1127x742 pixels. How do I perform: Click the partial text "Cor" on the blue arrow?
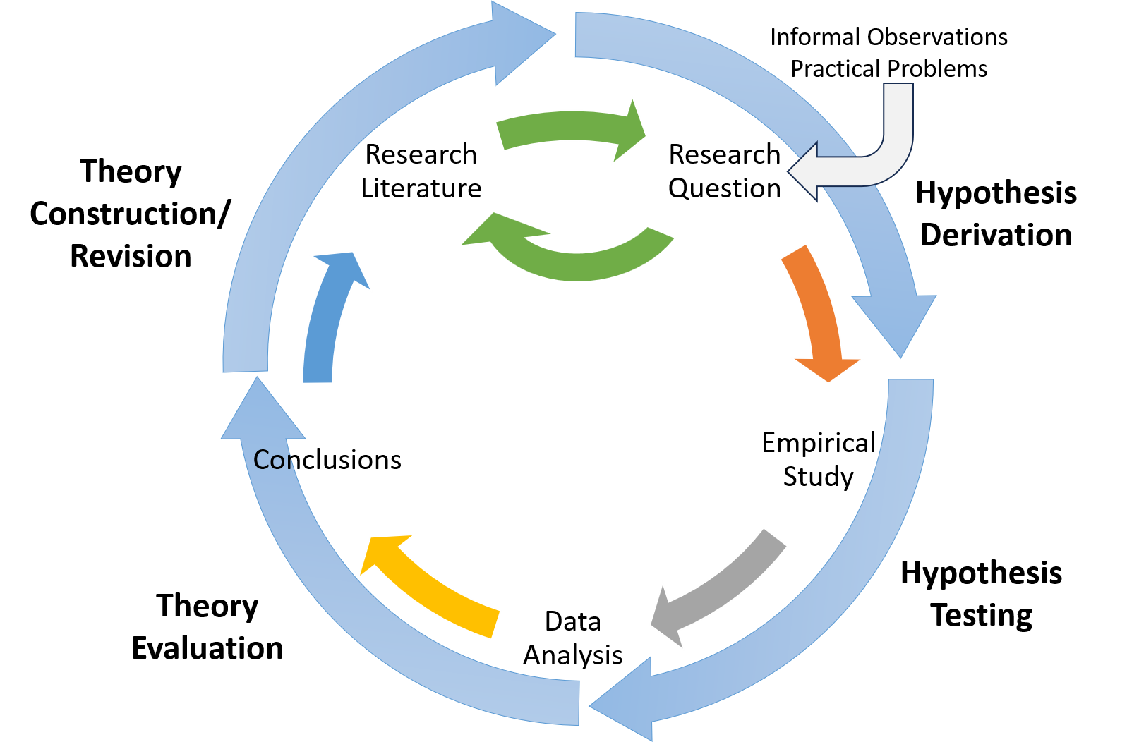271,461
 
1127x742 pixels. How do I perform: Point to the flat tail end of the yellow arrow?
495,624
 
